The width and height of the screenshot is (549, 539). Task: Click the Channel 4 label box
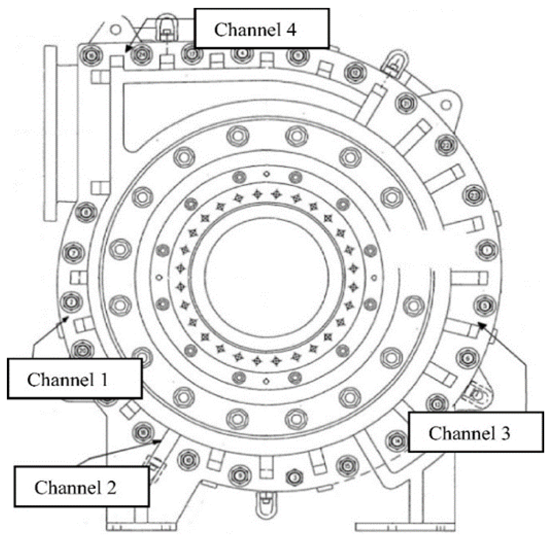click(x=261, y=29)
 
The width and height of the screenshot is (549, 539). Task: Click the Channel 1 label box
click(x=75, y=379)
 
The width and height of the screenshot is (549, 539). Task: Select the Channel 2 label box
click(x=81, y=487)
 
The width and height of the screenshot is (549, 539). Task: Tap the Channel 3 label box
click(x=476, y=432)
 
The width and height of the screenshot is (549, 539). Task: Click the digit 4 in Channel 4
click(x=291, y=30)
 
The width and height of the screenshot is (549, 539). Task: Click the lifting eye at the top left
click(x=166, y=26)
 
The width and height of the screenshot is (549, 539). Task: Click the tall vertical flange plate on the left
click(x=50, y=133)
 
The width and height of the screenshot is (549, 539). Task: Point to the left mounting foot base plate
click(x=141, y=527)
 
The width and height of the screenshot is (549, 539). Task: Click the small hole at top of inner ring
click(x=266, y=174)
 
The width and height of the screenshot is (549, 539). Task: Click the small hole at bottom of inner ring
click(x=266, y=381)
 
